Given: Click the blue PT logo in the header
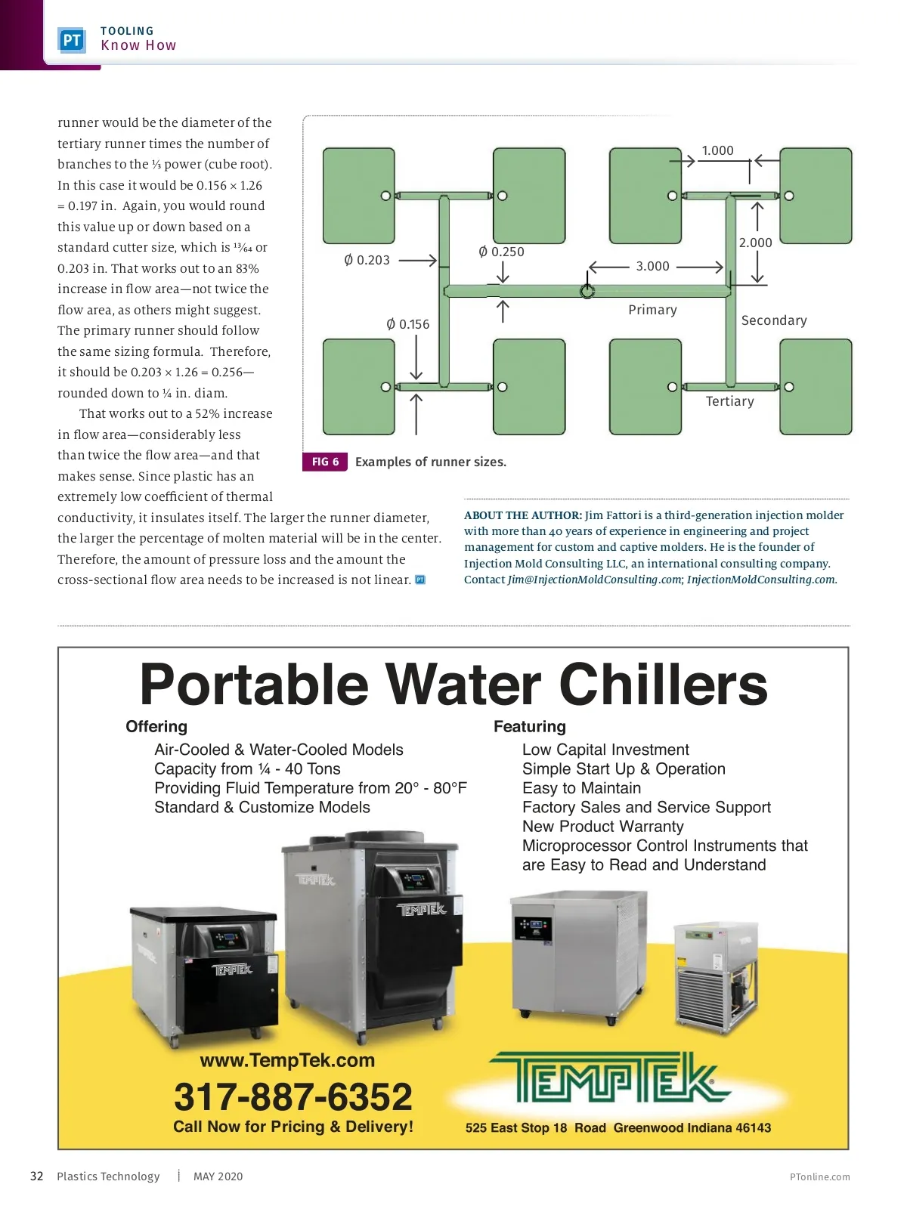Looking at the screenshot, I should (72, 40).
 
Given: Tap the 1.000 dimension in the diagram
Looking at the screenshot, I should (717, 150).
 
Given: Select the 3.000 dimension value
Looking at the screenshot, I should (652, 266).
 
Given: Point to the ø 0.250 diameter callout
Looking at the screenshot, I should (501, 252).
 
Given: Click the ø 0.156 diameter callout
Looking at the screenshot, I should (408, 324).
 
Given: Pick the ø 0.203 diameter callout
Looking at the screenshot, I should (367, 260).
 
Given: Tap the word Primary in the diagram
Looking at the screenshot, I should (652, 310).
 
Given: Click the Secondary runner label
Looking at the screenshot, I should (774, 320).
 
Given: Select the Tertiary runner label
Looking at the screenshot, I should (729, 401).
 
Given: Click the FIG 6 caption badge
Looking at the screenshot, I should (325, 462).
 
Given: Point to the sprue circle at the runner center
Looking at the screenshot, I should (587, 291).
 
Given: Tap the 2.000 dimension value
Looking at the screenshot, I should (755, 243).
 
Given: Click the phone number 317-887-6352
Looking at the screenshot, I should (293, 1096).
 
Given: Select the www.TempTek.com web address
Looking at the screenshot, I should (287, 1060).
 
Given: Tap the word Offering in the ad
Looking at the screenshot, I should (156, 726).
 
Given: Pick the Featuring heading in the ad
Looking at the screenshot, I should (529, 726).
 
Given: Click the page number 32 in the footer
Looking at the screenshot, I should (36, 1176).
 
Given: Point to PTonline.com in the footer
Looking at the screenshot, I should (819, 1177).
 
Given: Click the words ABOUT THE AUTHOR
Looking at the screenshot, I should (522, 515).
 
